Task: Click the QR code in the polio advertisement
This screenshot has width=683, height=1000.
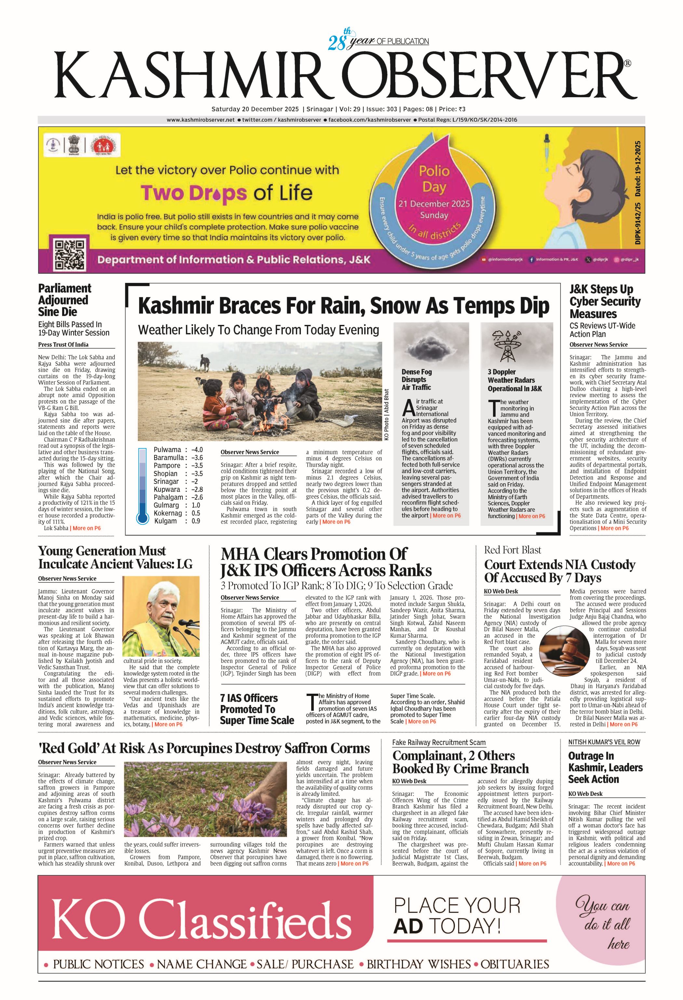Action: click(69, 254)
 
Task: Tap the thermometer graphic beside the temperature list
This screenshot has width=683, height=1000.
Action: click(142, 486)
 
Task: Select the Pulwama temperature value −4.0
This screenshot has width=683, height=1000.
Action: click(197, 450)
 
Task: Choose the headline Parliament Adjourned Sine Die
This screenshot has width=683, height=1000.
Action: click(64, 300)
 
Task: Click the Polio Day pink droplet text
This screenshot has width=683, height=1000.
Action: click(434, 179)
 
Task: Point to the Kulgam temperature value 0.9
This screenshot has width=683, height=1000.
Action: click(196, 521)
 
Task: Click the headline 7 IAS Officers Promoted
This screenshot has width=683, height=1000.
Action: click(257, 709)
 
